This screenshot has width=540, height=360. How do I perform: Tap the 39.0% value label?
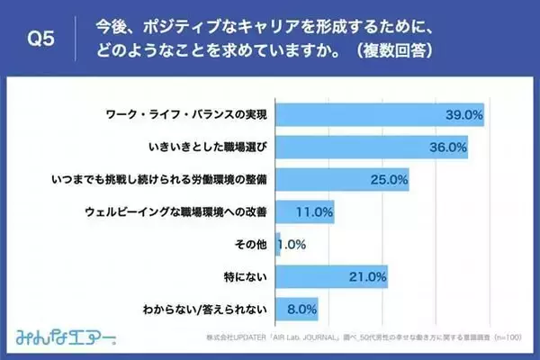[464, 115]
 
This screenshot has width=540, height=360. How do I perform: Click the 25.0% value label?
[390, 180]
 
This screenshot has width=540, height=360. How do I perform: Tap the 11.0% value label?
[315, 212]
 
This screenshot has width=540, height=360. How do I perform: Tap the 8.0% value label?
[301, 310]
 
